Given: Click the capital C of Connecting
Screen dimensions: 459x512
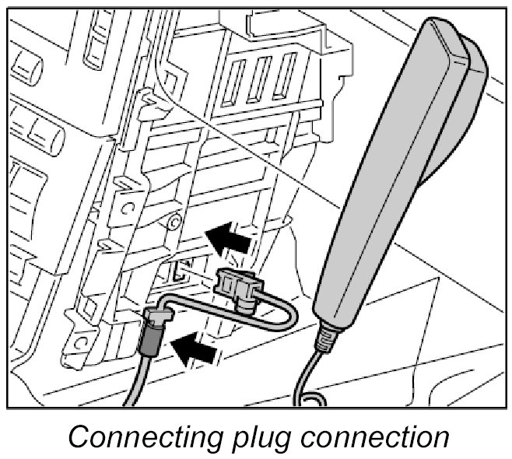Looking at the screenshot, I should point(77,436).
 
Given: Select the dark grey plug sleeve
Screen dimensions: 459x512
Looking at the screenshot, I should point(149,342).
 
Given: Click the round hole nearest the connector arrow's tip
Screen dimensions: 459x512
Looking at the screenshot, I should point(173,223).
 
